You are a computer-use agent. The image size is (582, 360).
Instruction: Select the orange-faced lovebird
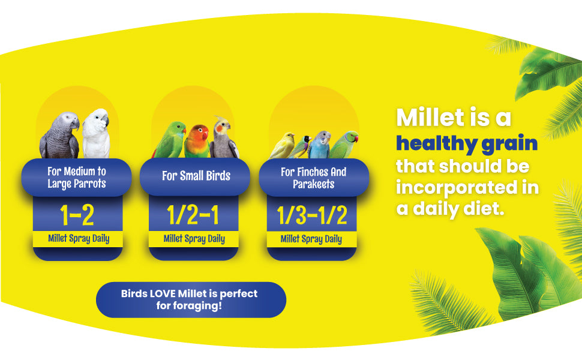pos(197,142)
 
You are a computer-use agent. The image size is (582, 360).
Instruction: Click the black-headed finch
pos(302,146)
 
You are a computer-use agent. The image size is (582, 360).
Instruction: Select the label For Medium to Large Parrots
pos(76,178)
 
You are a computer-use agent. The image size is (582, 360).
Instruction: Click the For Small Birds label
pos(196,176)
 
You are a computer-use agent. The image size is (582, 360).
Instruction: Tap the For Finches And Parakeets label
pos(313,178)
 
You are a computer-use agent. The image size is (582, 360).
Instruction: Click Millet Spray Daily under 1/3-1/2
pos(311,239)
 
